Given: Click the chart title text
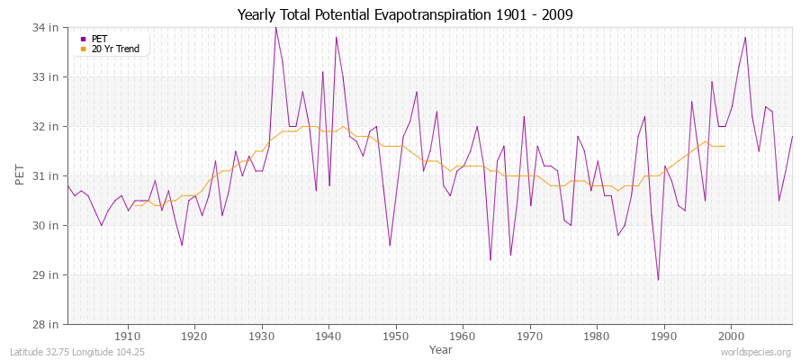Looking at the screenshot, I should point(404,14).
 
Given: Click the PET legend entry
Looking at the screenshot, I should point(99,39).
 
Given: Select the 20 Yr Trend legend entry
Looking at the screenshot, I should point(115,49).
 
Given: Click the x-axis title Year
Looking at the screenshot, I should point(440,348).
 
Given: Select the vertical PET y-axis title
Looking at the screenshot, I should point(21,175).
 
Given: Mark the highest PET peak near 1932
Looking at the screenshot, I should point(275,27).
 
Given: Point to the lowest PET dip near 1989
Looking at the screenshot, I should point(658,280).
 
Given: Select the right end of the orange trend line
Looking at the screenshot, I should point(724,146).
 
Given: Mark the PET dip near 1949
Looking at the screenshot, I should point(390,245).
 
